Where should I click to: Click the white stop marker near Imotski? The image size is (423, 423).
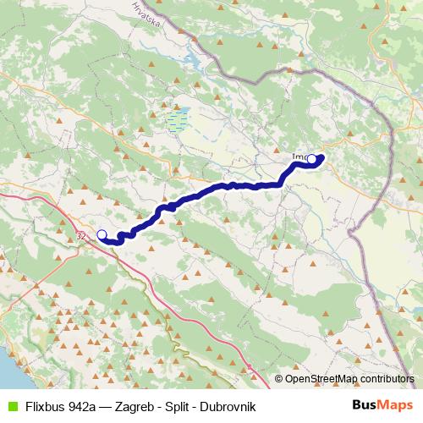tap(311, 159)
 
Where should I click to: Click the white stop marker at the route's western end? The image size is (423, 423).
tap(102, 235)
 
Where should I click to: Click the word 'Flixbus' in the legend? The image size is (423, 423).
tap(46, 406)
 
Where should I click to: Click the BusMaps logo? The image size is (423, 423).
tap(383, 406)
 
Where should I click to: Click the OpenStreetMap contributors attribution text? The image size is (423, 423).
tap(349, 380)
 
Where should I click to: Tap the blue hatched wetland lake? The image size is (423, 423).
tap(178, 119)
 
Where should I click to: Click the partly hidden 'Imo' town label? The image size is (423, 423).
tap(299, 157)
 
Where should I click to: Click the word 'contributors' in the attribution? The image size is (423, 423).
tap(387, 380)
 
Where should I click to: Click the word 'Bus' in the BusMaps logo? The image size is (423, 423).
tap(365, 406)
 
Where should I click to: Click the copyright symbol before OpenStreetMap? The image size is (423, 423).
tap(279, 380)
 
